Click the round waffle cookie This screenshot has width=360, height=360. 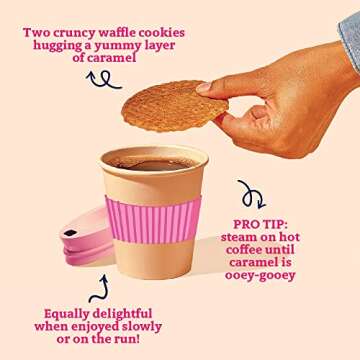pyautogui.click(x=175, y=106)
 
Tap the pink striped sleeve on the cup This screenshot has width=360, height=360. pyautogui.click(x=153, y=219)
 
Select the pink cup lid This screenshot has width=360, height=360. pyautogui.click(x=87, y=237)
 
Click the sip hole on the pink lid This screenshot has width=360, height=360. pyautogui.click(x=70, y=233)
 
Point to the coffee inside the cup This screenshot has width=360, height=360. pyautogui.click(x=154, y=164)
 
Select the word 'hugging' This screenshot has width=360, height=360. pyautogui.click(x=57, y=46)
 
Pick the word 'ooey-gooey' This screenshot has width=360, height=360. pyautogui.click(x=260, y=276)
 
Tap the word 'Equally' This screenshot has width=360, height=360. pyautogui.click(x=67, y=314)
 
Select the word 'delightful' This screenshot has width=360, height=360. pyautogui.click(x=122, y=314)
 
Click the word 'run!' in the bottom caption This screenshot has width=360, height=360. pyautogui.click(x=126, y=339)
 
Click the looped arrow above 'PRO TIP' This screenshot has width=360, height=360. pyautogui.click(x=251, y=195)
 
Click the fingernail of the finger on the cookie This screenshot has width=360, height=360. pyautogui.click(x=203, y=87)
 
